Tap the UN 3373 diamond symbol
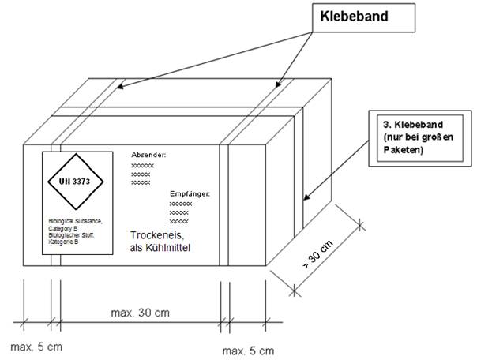click(74, 182)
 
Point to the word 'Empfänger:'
click(190, 193)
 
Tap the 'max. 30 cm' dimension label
click(141, 313)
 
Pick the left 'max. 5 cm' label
click(36, 347)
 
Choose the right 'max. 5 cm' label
click(248, 349)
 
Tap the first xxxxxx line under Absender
click(142, 167)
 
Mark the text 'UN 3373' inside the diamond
click(74, 182)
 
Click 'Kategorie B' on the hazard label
click(63, 241)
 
